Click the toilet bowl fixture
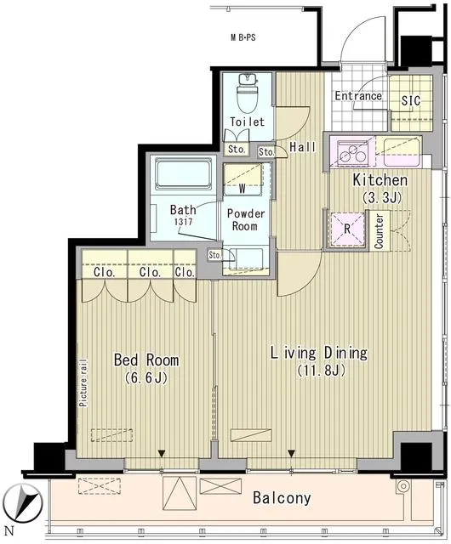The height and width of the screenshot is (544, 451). pos(248,93)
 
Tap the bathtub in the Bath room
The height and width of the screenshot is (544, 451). pos(183,173)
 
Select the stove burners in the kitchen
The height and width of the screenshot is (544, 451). pos(352,153)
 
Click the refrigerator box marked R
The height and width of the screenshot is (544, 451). pos(347,229)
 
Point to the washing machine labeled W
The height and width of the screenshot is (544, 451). pos(243,179)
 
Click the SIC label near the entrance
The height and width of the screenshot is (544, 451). pos(411,100)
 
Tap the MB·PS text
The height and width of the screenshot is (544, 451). pos(243,37)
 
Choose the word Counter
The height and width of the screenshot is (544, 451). pos(379,231)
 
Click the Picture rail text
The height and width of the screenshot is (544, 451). pos(83,383)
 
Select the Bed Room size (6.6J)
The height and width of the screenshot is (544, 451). pos(146,377)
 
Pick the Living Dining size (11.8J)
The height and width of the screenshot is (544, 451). pos(322,371)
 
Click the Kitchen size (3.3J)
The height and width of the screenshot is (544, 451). pos(382,198)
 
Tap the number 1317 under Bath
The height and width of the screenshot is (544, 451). pos(184,221)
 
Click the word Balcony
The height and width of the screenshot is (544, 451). pos(282,498)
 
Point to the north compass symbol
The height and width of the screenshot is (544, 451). pos(25,503)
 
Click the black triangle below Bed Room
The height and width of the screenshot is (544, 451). pos(161,453)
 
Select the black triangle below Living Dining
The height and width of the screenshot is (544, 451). pos(292,453)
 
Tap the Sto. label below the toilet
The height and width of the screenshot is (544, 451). pos(237,150)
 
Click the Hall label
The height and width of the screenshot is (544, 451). pos(303,147)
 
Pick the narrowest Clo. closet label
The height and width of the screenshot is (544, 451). pos(185,272)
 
